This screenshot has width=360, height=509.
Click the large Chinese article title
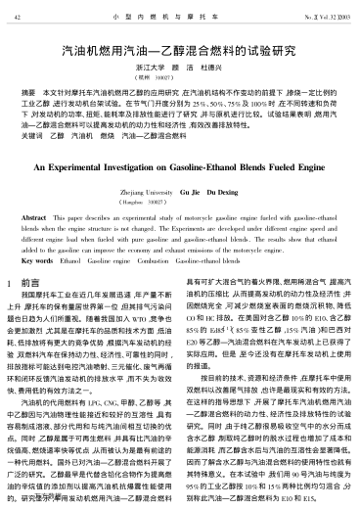(x=180, y=45)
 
